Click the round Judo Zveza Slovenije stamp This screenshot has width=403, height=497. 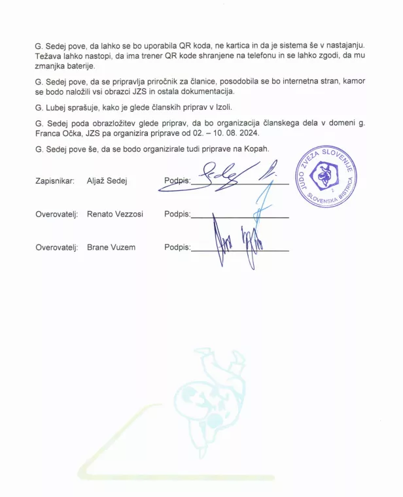point(326,176)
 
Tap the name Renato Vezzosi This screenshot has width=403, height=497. point(114,214)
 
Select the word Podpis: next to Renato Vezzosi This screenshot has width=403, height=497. point(177,214)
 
